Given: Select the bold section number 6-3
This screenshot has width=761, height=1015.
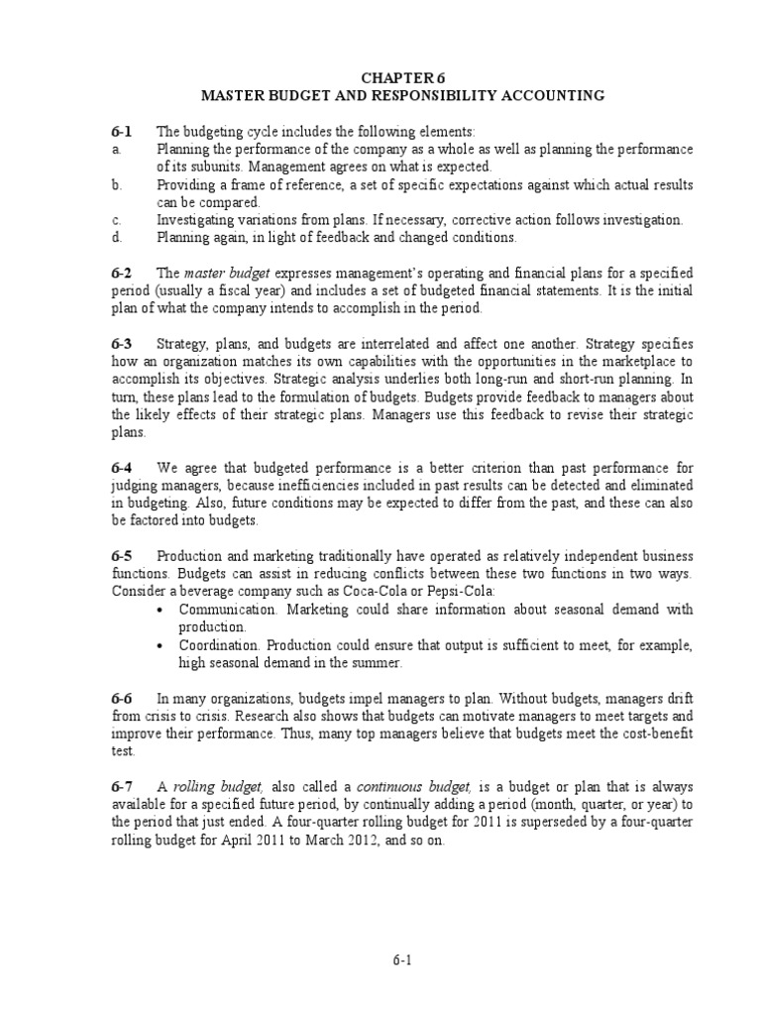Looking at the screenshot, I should click(x=122, y=343).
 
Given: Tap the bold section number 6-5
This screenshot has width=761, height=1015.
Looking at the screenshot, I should click(x=122, y=555).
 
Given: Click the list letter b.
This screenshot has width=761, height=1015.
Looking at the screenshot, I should click(x=115, y=185).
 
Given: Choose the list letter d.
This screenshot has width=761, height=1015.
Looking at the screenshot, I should click(x=115, y=238).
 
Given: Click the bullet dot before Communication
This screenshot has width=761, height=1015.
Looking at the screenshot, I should click(x=162, y=610).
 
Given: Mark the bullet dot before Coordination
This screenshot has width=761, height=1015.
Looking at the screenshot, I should click(x=162, y=645).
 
